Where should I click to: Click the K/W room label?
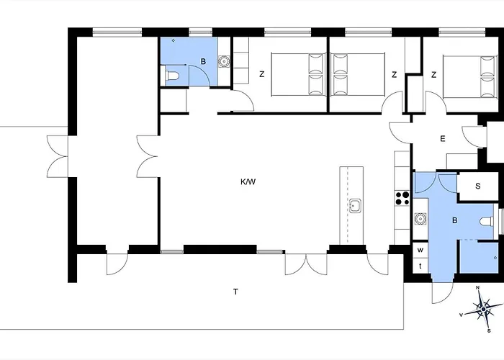[248, 182]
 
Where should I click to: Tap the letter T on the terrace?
[235, 292]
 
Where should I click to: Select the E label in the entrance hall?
[443, 139]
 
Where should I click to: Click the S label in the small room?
[477, 186]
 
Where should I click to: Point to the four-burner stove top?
[402, 198]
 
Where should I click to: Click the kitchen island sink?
[355, 206]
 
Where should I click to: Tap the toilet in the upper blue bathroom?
[172, 76]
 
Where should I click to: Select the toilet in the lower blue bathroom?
[487, 222]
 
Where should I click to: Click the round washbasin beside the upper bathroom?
[224, 60]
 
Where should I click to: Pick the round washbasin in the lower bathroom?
[420, 219]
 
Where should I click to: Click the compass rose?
[483, 309]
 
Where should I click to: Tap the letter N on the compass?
[477, 287]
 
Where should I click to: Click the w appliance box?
[420, 249]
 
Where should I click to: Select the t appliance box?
[420, 266]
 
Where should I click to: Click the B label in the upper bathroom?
[203, 61]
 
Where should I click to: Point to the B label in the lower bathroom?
[454, 220]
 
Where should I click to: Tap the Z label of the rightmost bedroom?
[433, 75]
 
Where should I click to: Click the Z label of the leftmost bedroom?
[261, 74]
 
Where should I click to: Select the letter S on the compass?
[489, 330]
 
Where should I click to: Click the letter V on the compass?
[461, 315]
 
